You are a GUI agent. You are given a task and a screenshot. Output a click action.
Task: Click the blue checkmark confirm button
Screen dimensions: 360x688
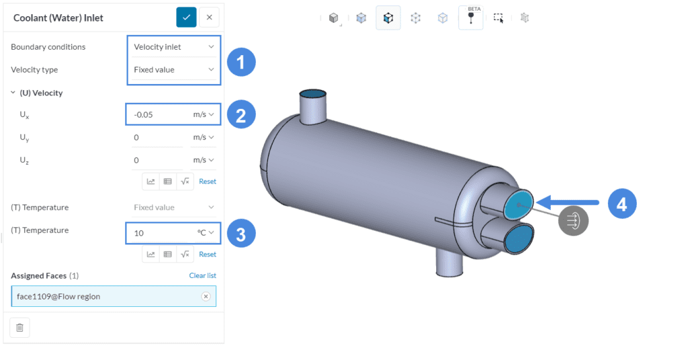tap(186, 17)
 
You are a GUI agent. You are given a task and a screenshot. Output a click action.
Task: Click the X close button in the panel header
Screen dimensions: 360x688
tap(210, 17)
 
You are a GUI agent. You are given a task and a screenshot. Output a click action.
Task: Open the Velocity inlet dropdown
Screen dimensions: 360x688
tap(173, 47)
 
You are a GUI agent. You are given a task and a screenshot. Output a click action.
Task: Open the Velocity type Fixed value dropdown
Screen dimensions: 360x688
tap(173, 70)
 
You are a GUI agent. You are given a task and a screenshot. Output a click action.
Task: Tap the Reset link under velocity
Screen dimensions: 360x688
tap(208, 181)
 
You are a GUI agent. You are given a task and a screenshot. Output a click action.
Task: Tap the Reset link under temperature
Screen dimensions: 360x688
tap(208, 255)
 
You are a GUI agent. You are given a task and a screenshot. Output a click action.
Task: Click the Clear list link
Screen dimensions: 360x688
tap(202, 275)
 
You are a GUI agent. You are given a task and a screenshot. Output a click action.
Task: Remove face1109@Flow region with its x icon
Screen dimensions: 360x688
tap(206, 296)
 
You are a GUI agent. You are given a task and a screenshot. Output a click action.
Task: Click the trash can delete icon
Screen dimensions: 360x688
tap(19, 327)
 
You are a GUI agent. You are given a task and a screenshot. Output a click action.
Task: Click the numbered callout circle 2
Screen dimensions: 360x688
tap(241, 114)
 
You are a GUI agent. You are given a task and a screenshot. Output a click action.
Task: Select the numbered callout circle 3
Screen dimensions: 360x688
tap(241, 233)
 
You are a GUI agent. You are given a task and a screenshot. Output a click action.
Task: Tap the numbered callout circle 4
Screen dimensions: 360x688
tap(622, 204)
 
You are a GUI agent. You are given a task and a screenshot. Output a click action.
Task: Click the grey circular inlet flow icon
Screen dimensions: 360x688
tap(573, 220)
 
